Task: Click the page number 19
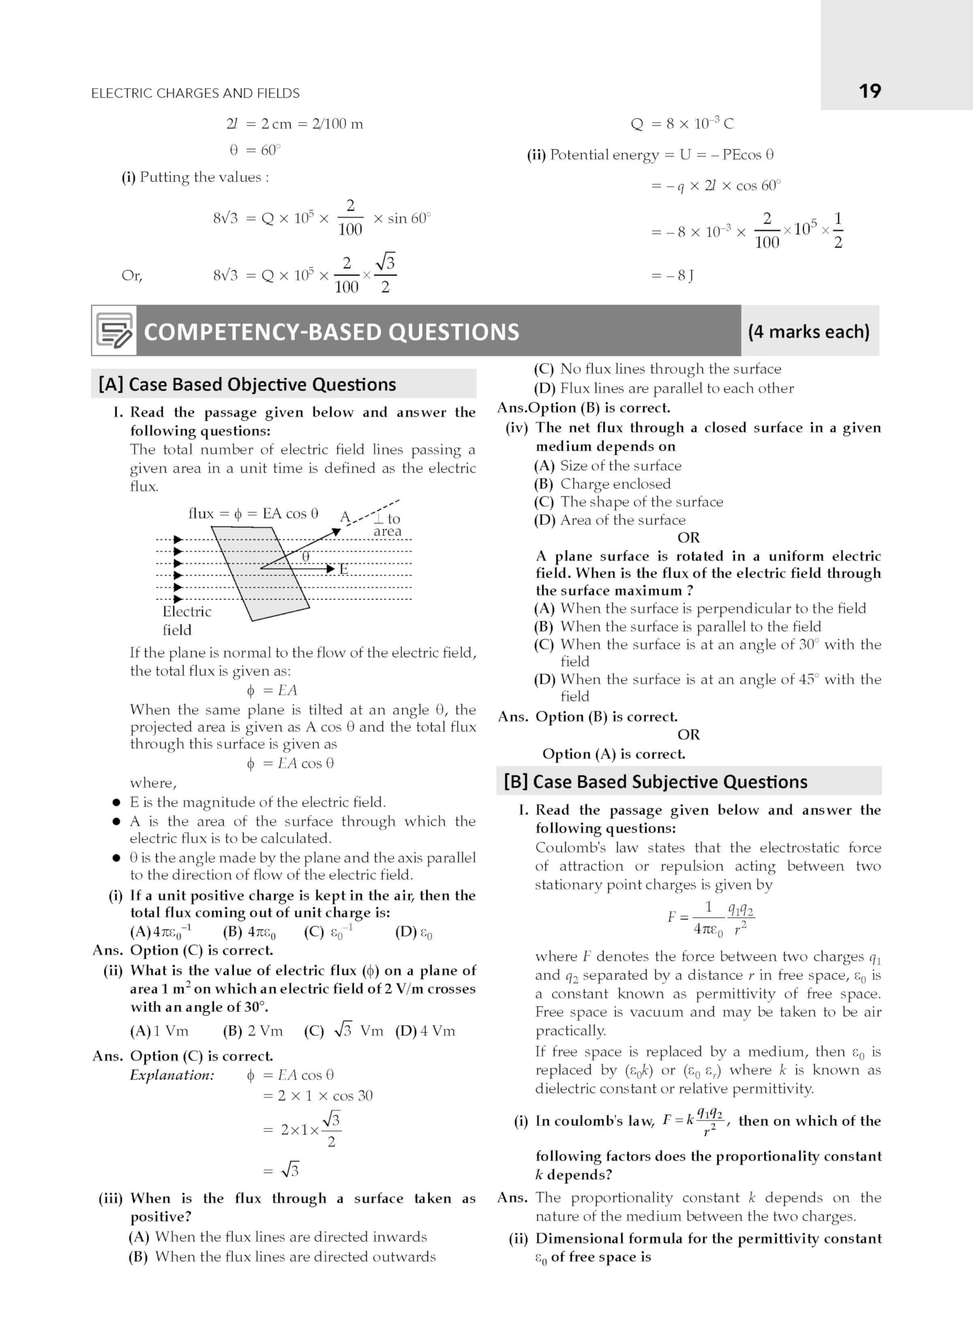tap(869, 91)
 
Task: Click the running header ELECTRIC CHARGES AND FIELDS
tap(195, 93)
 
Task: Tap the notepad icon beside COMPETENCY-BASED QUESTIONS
tap(114, 331)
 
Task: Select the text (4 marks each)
tap(808, 331)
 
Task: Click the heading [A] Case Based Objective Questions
tap(247, 385)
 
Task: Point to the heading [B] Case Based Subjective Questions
tap(655, 782)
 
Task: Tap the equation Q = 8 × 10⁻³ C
tap(682, 124)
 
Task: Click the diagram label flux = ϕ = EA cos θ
tap(253, 514)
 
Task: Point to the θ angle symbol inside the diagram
tap(306, 556)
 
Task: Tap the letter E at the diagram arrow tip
tap(343, 569)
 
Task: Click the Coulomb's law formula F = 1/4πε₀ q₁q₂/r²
tap(711, 918)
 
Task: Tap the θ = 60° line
tap(255, 151)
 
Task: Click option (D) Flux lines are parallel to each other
tap(664, 388)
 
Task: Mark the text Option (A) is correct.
tap(613, 754)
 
